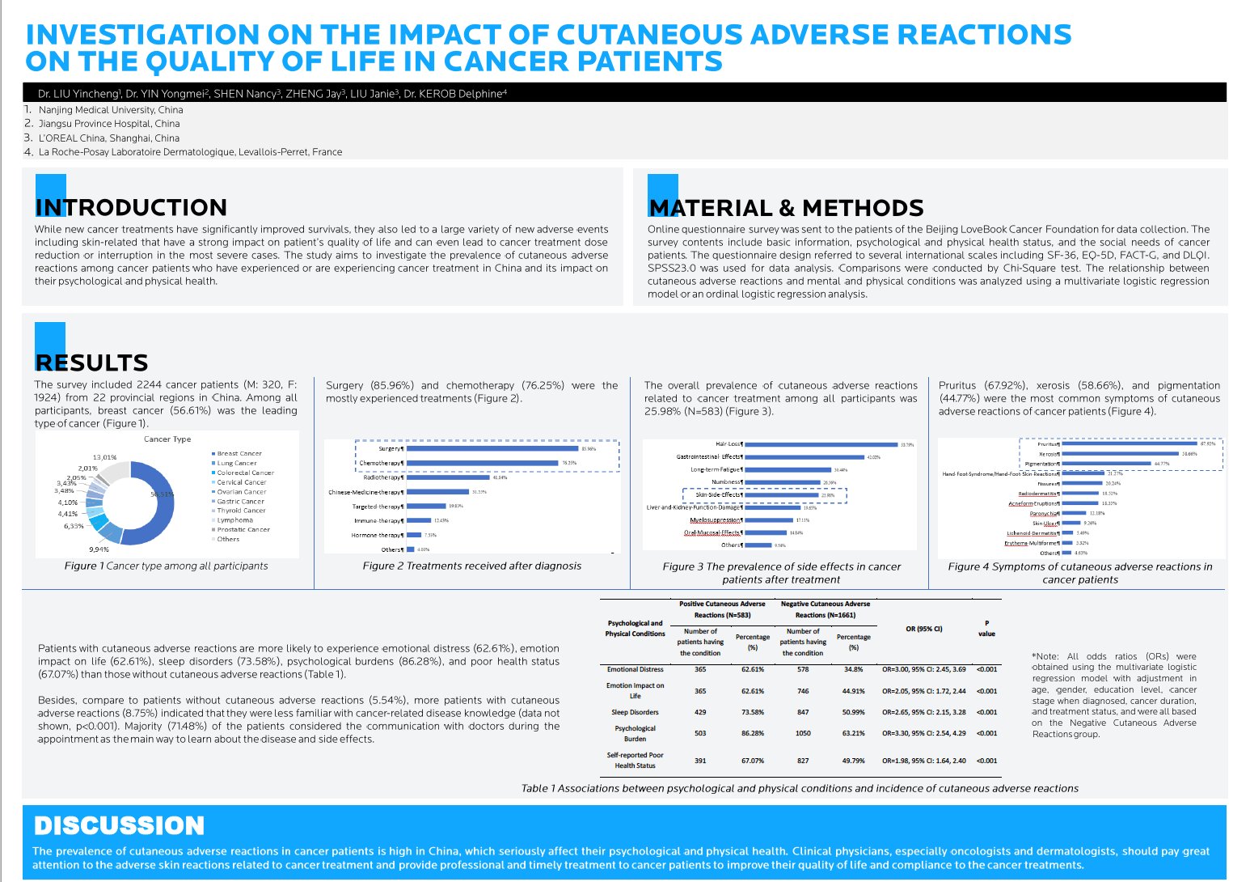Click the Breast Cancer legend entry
[x=239, y=454]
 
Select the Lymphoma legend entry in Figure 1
[x=234, y=520]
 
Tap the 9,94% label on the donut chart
[x=99, y=549]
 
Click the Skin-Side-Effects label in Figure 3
[x=717, y=495]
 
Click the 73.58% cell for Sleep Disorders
[x=752, y=713]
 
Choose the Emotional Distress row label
[x=635, y=670]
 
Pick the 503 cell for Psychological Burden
[x=700, y=734]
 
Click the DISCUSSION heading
[x=119, y=826]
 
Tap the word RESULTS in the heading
[x=91, y=363]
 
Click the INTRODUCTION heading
[x=131, y=208]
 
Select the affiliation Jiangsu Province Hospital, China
[x=109, y=124]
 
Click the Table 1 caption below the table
[x=800, y=788]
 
